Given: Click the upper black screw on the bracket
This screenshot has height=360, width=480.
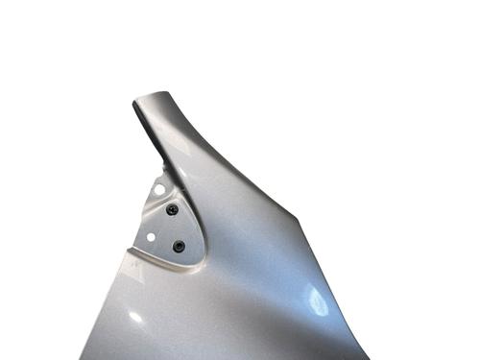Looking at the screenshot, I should pos(172,209).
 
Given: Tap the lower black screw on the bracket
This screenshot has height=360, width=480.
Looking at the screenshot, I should pos(179,246).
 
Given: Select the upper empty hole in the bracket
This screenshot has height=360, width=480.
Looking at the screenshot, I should pos(159,190).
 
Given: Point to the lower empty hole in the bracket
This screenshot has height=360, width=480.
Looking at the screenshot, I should pos(151,235).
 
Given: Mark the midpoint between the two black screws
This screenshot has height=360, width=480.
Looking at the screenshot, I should pos(176,228).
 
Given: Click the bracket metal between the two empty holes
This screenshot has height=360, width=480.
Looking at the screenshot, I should pos(155,213).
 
